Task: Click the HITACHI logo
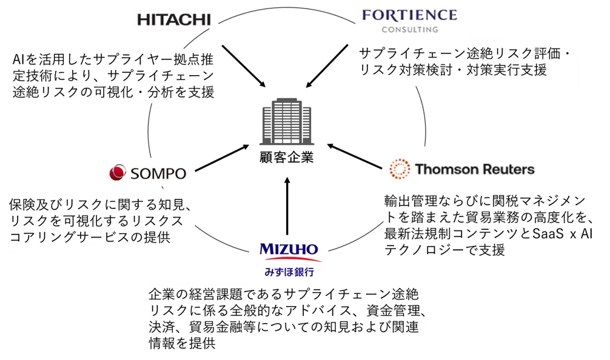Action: (174, 20)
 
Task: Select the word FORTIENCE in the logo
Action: (410, 15)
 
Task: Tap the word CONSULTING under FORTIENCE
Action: (410, 30)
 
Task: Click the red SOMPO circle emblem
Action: (118, 172)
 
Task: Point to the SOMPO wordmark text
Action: (158, 173)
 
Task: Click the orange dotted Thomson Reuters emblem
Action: (400, 168)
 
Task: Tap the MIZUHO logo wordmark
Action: (289, 249)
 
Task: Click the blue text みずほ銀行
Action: (289, 272)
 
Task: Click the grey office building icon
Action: (287, 121)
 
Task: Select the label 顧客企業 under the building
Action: (287, 157)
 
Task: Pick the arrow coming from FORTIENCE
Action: (327, 66)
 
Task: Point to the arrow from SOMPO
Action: (222, 158)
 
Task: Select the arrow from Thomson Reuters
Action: (354, 156)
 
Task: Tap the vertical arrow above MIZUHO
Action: (287, 206)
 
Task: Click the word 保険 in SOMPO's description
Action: (22, 204)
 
